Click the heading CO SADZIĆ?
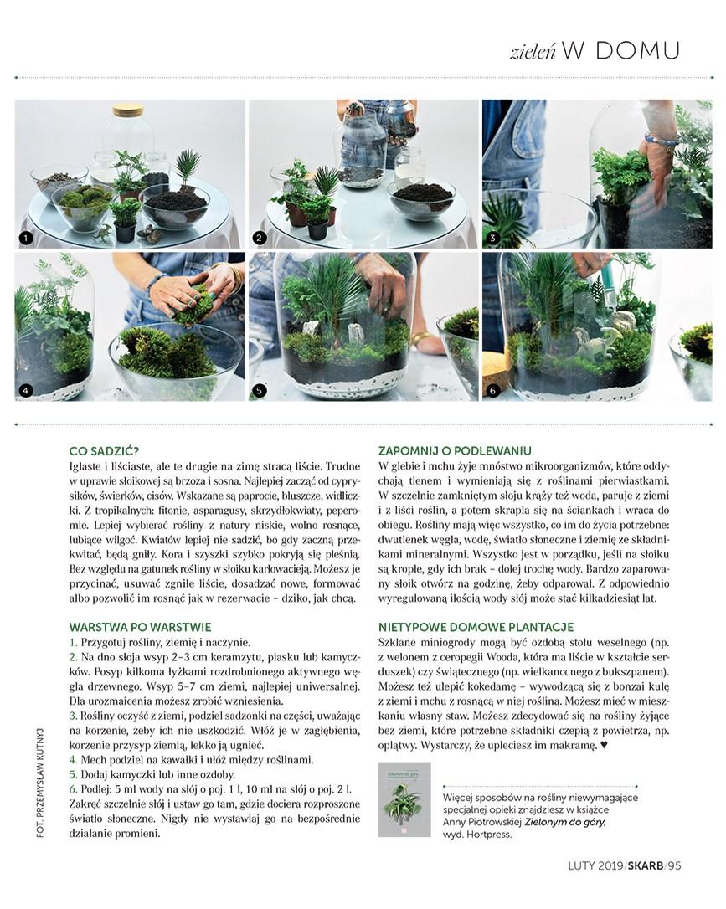(105, 451)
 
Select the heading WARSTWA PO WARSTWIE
(140, 626)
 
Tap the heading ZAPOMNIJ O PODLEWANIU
(455, 451)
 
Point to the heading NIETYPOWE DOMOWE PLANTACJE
(475, 626)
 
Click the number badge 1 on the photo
(26, 239)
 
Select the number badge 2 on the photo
(260, 239)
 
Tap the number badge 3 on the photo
(493, 239)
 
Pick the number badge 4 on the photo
(26, 390)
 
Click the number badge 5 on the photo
(260, 390)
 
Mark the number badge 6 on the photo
(493, 390)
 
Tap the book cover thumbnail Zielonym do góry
(401, 799)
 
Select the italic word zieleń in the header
(533, 52)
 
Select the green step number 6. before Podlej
(74, 788)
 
